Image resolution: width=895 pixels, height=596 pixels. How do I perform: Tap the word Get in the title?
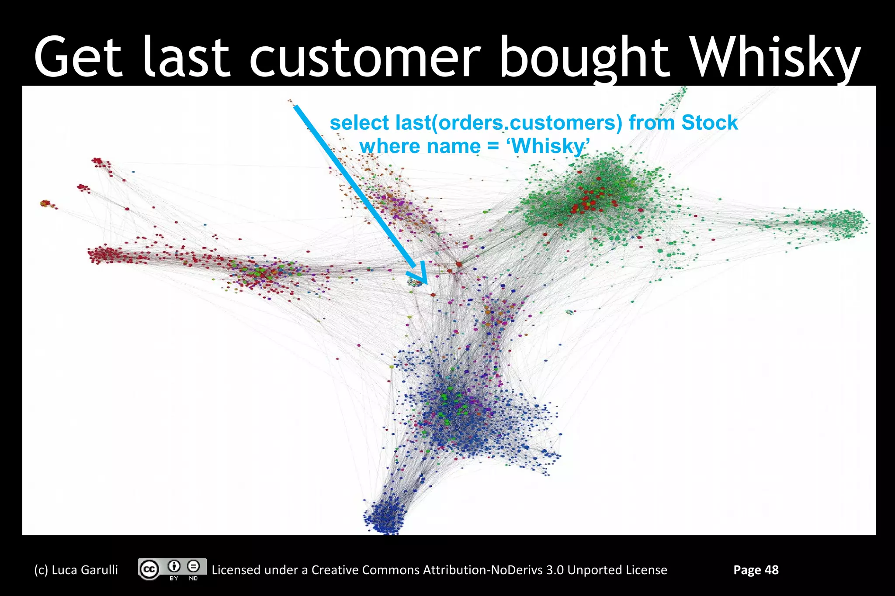coord(78,58)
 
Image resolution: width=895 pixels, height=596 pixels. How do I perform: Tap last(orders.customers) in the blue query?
coord(509,123)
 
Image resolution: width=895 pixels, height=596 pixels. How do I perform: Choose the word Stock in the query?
coord(709,123)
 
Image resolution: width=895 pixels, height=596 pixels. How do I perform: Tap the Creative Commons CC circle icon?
coord(149,569)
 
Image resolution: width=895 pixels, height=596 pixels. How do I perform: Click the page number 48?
coord(772,570)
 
